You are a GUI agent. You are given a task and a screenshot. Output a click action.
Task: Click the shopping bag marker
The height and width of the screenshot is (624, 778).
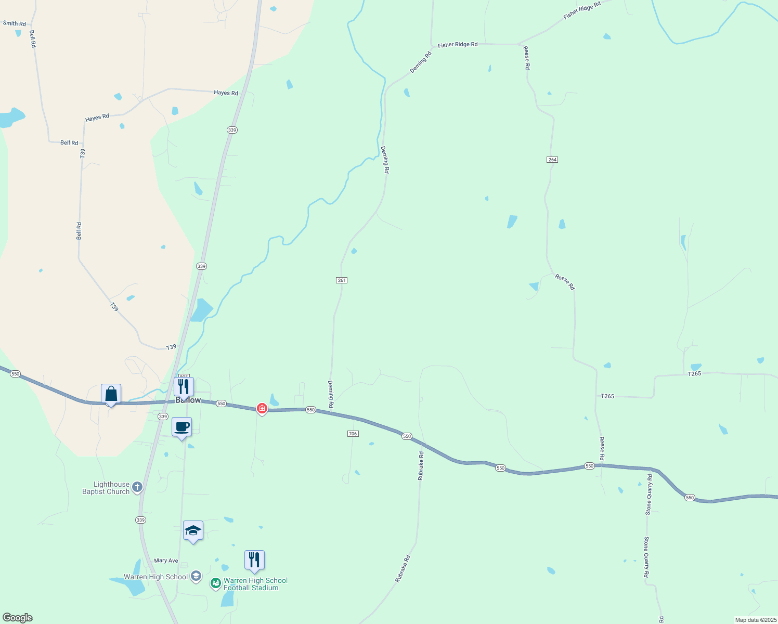[x=111, y=394]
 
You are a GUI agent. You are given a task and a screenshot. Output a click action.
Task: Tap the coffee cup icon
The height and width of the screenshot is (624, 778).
[x=181, y=427]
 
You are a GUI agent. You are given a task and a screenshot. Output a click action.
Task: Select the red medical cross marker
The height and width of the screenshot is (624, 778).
[x=262, y=409]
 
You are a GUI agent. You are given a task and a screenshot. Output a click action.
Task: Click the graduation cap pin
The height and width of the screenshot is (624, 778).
[x=193, y=531]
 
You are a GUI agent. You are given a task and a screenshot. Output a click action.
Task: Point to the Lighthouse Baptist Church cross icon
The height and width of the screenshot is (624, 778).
[x=137, y=487]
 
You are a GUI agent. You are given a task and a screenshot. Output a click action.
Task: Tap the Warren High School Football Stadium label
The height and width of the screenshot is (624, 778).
[x=255, y=584]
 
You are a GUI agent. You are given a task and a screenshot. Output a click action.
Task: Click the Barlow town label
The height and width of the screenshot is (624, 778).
[x=188, y=400]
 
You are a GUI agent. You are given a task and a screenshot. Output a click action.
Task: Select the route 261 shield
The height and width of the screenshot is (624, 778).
[x=341, y=280]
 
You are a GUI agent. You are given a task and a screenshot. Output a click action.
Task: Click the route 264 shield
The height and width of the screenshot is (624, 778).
[x=552, y=160]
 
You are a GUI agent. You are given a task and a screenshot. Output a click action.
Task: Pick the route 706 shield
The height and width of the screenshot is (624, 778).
[x=353, y=434]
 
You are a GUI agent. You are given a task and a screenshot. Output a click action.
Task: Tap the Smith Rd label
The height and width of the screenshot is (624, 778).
[x=15, y=23]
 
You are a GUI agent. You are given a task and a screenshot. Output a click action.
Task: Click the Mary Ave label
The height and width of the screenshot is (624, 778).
[x=166, y=561]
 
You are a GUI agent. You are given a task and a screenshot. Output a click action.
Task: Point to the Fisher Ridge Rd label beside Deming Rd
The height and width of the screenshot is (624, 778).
[x=458, y=45]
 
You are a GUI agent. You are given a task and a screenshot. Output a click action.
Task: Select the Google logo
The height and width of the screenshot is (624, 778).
[x=17, y=618]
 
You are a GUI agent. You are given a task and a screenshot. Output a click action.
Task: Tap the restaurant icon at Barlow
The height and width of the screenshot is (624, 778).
[x=184, y=387]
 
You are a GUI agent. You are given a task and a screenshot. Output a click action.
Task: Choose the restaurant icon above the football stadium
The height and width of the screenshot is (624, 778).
[x=254, y=560]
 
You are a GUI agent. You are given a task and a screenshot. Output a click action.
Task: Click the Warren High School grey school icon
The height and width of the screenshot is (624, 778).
[x=196, y=576]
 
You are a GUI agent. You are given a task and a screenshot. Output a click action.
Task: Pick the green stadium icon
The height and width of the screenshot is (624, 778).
[x=216, y=583]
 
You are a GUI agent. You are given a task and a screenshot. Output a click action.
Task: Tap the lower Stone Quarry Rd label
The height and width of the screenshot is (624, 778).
[x=646, y=557]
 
